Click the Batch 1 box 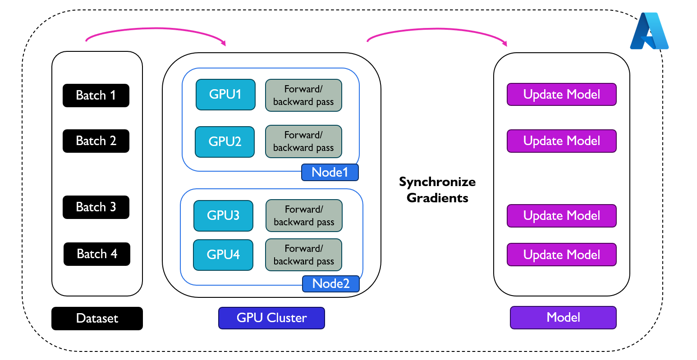(x=96, y=96)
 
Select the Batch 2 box (x=96, y=141)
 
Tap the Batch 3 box (x=96, y=207)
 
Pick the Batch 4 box (x=97, y=254)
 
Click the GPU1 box (x=225, y=95)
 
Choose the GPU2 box (x=225, y=142)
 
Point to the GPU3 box (x=223, y=216)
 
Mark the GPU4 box (x=223, y=255)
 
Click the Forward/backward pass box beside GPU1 (x=303, y=96)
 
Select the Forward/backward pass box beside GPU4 (x=304, y=255)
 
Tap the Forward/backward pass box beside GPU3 (x=304, y=216)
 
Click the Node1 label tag (x=330, y=173)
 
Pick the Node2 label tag (x=331, y=284)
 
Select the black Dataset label (x=97, y=319)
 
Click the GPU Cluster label (x=271, y=318)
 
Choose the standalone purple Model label (x=563, y=318)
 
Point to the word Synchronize (x=437, y=182)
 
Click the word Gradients (x=437, y=198)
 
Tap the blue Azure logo (x=649, y=32)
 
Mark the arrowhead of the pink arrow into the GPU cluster (x=223, y=43)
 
